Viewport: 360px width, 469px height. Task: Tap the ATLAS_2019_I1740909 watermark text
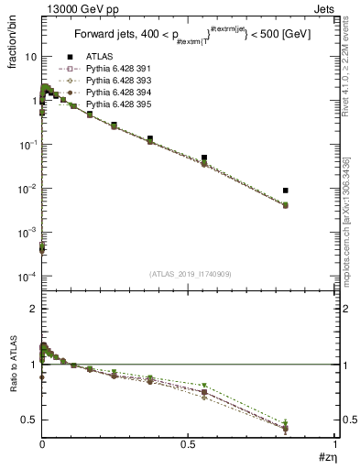pyautogui.click(x=188, y=275)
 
